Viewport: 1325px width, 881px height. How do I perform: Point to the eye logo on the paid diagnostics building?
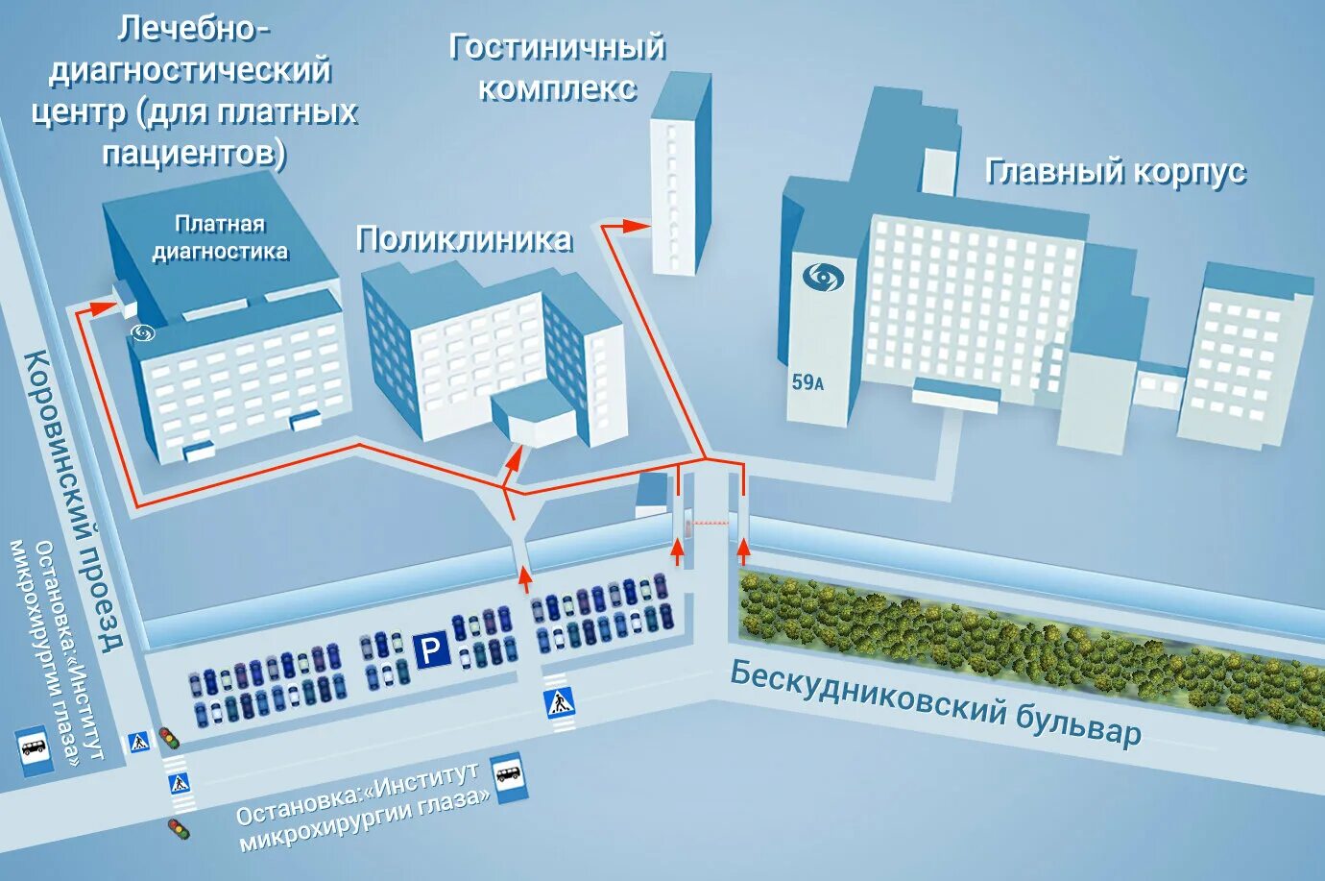coord(145,332)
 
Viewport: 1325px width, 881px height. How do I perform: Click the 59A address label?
coord(807,382)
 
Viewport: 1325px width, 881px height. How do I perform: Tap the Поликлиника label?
coord(464,239)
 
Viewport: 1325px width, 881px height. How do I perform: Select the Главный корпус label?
coord(1115,172)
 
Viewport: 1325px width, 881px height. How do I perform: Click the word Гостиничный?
coord(557,48)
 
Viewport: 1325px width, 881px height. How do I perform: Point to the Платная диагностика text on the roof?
coord(220,238)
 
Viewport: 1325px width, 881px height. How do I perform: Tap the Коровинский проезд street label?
coord(73,500)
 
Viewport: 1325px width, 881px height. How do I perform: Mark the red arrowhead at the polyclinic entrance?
coord(514,458)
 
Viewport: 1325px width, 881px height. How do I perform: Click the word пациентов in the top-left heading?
coord(194,153)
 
